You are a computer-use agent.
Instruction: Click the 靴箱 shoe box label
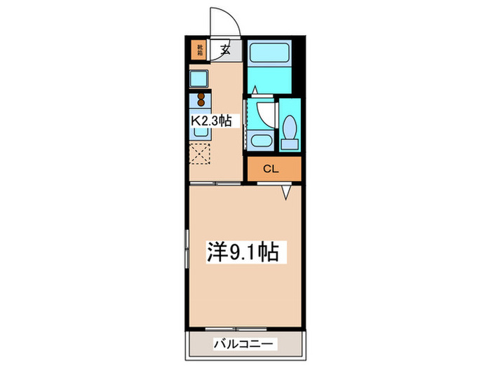coord(199,49)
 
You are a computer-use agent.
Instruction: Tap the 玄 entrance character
coord(225,50)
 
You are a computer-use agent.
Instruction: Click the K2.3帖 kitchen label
coord(212,121)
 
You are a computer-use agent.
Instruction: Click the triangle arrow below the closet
coord(286,191)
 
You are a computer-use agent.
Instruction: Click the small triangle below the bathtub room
coord(255,90)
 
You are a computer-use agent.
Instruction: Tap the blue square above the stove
coord(199,79)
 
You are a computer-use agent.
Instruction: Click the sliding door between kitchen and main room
coord(217,182)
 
